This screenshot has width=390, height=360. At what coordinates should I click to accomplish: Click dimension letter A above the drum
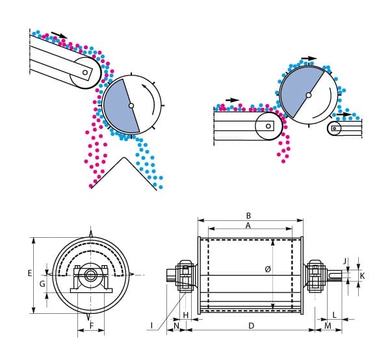(248, 225)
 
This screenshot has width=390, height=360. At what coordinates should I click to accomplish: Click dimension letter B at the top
(248, 215)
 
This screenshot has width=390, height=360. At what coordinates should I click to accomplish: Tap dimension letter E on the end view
(30, 274)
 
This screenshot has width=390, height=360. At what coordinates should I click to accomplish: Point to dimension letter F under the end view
(91, 325)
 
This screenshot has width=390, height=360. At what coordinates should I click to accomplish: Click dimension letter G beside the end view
(42, 283)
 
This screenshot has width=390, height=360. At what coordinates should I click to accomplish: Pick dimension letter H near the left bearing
(186, 315)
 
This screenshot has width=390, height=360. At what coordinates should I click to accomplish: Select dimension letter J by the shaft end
(346, 261)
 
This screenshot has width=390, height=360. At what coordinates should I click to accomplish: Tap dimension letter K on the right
(363, 276)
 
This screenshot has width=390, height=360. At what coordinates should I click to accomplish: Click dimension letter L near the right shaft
(333, 315)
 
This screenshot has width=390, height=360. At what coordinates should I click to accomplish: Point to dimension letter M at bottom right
(328, 325)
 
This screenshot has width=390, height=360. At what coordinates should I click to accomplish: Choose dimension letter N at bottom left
(176, 325)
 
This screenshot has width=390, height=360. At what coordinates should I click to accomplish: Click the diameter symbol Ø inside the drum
(268, 269)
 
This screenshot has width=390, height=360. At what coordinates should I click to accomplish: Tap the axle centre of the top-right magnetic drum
(308, 96)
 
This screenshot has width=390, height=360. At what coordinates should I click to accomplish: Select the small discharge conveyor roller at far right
(335, 129)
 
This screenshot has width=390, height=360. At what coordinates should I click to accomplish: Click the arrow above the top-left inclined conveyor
(59, 35)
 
